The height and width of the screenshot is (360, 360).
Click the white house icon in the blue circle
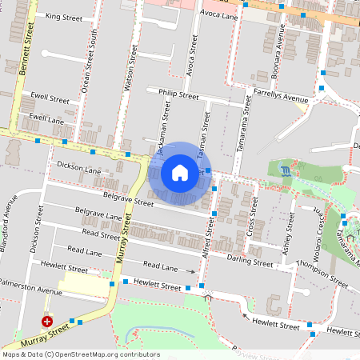click(180, 173)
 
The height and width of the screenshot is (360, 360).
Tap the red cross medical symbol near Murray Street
click(47, 321)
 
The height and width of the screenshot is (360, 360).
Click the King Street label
click(65, 17)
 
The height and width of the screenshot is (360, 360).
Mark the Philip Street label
click(178, 94)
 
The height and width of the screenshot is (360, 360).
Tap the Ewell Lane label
click(46, 118)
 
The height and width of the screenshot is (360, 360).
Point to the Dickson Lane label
click(78, 167)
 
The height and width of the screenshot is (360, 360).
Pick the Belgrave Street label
click(127, 198)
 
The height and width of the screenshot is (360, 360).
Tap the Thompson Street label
click(322, 275)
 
